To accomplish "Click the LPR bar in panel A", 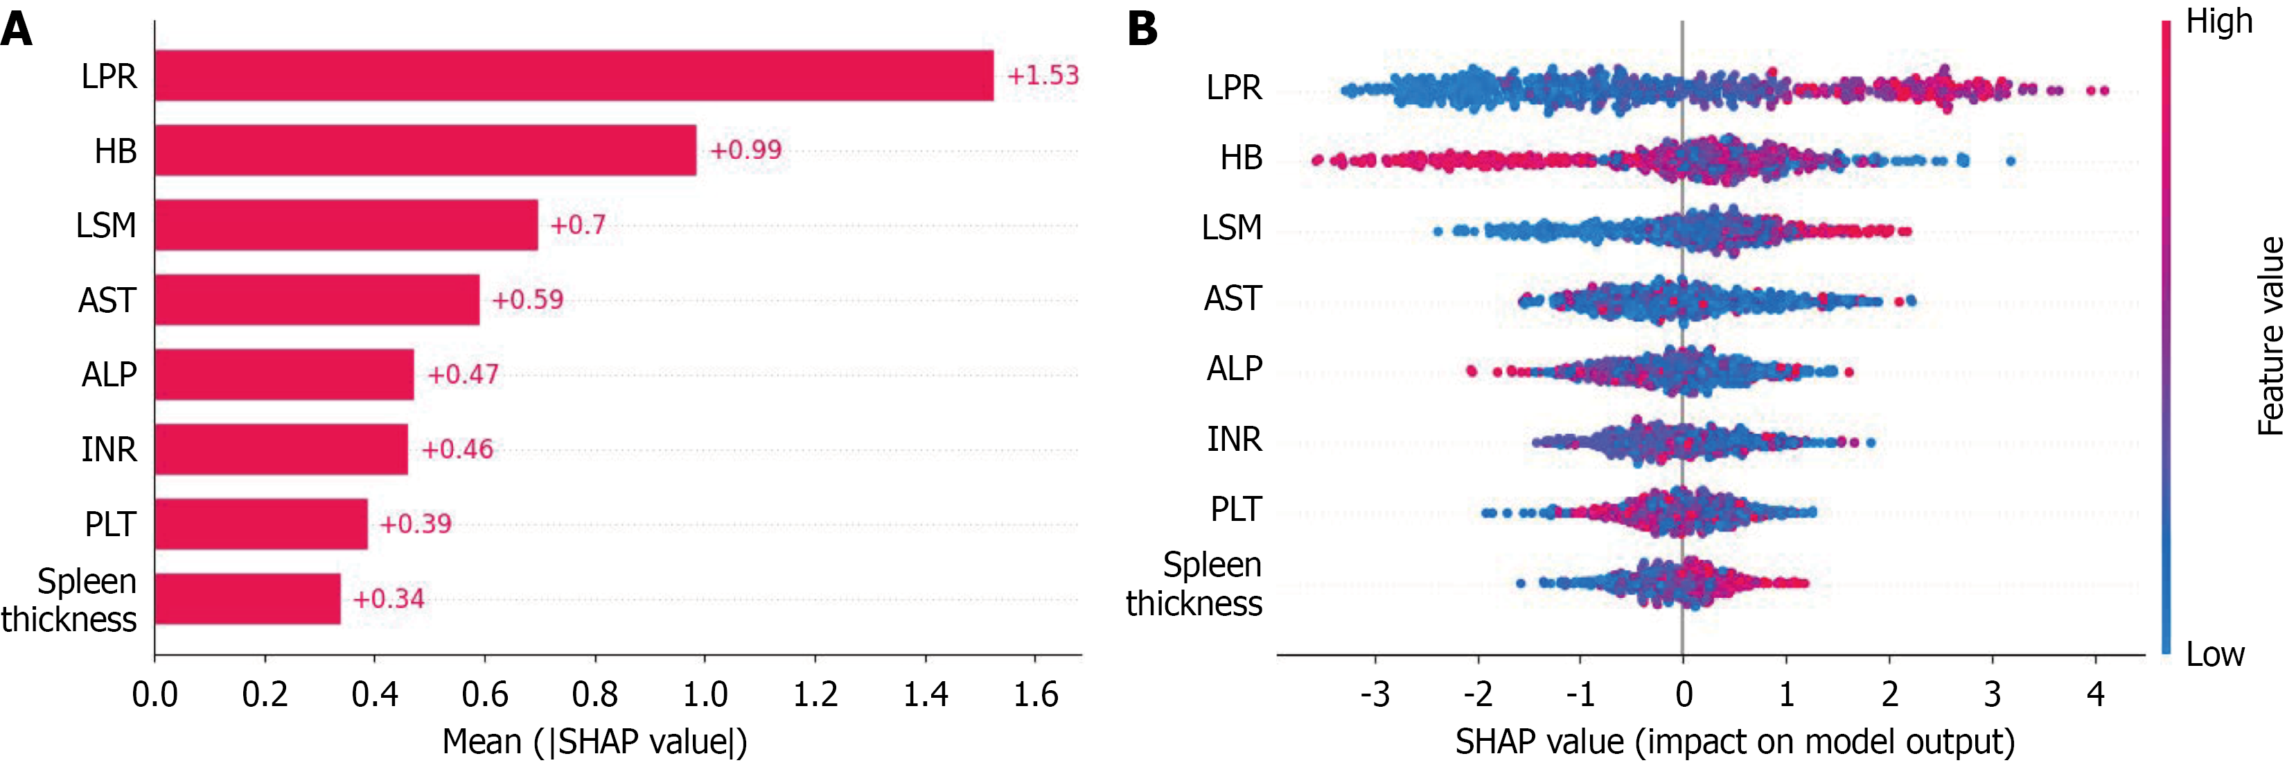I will pos(574,76).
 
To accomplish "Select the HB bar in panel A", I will pos(425,150).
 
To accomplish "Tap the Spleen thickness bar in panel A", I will pos(248,599).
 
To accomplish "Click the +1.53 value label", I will pos(1042,76).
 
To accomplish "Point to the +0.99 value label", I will pos(745,150).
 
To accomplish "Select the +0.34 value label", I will pos(388,599).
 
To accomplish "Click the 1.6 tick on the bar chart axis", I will pos(1035,694).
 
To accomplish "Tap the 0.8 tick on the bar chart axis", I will pos(595,694).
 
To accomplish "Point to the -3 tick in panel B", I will pos(1375,694).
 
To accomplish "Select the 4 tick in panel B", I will pos(2095,694).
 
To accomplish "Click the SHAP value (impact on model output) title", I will pos(1735,741).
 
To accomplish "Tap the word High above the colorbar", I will pos(2218,22).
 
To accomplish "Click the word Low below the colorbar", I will pos(2214,655).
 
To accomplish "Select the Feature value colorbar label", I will pos(2269,336).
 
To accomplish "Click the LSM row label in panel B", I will pos(1231,228).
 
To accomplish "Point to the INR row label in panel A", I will pos(109,449).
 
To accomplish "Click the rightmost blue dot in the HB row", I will pos(2011,161).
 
